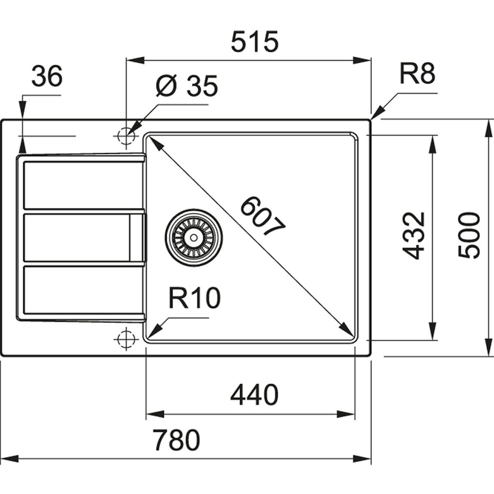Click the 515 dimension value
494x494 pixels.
point(255,42)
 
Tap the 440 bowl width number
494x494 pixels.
point(254,395)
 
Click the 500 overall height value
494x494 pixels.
point(469,235)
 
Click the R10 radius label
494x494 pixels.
point(193,298)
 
